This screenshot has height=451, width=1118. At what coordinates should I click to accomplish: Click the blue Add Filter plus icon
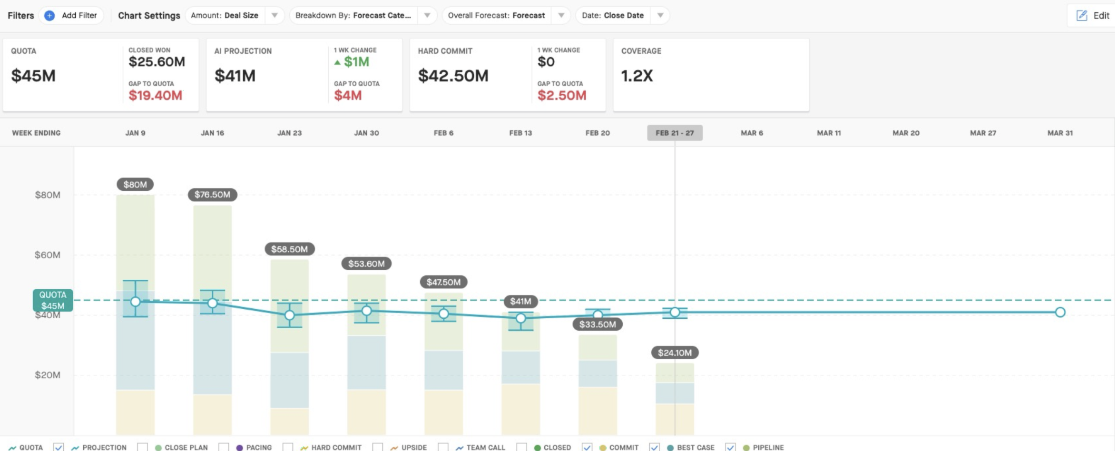pos(49,16)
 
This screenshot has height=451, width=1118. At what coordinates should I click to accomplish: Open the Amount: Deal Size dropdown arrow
pos(275,15)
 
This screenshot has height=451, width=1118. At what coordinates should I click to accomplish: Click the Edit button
pos(1093,15)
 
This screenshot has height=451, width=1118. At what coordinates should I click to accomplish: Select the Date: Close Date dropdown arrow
pos(660,15)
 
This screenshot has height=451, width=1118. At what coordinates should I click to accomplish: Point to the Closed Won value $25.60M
pos(157,62)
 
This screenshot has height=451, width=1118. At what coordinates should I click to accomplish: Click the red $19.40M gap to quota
pos(156,96)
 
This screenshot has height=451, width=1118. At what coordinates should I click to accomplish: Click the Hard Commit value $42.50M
pos(453,76)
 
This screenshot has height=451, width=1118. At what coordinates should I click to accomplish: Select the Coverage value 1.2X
pos(637,76)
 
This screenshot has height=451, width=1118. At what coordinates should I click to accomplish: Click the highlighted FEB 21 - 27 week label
pos(675,133)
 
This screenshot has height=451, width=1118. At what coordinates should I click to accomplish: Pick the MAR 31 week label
pos(1060,133)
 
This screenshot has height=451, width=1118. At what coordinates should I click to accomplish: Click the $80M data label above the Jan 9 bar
pos(135,185)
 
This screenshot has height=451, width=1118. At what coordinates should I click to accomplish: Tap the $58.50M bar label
pos(289,249)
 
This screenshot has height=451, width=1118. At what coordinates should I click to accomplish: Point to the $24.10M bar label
pos(675,353)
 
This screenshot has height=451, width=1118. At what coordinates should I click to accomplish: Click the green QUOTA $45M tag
pos(53,301)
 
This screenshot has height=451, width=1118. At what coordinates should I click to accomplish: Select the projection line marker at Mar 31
pos(1060,313)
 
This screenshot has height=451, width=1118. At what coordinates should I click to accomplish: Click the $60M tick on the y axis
pos(48,255)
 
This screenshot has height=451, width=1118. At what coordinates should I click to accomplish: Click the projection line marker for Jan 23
pos(289,315)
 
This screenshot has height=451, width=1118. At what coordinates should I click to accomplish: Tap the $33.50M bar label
pos(598,324)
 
